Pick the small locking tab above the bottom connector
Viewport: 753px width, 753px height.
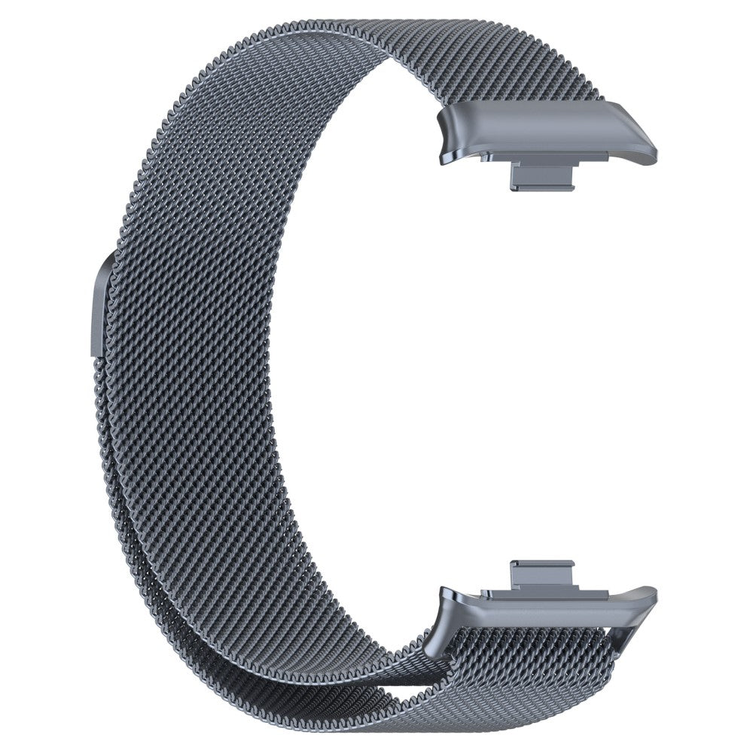[x=541, y=570]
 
